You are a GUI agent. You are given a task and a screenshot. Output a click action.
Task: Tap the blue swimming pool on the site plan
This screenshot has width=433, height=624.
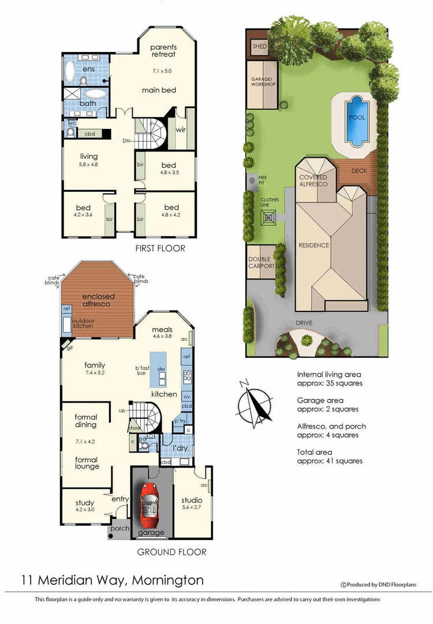(356, 120)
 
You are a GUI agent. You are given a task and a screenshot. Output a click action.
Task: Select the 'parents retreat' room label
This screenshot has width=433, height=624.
(163, 50)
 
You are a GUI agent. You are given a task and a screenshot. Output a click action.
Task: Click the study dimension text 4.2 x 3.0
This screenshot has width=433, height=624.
(85, 511)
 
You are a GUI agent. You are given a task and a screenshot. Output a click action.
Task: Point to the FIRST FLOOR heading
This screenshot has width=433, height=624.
(160, 248)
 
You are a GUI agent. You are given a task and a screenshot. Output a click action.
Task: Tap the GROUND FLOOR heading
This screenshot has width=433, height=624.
(171, 552)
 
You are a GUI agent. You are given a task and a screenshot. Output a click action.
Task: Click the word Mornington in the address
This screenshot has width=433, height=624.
(167, 580)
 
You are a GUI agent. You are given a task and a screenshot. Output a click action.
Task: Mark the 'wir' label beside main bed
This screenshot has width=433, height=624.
(181, 129)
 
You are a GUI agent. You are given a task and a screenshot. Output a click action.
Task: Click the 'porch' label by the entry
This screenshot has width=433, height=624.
(120, 528)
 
